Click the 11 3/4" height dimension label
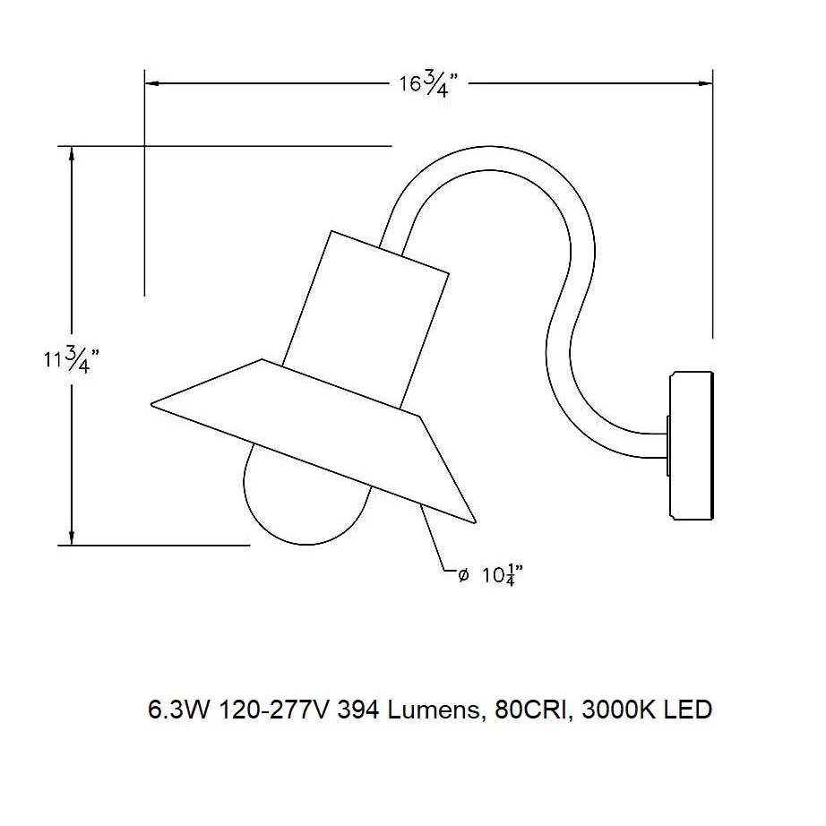click(x=71, y=360)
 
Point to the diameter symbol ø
click(x=463, y=576)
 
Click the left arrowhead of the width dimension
click(x=152, y=83)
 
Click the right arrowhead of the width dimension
click(x=705, y=83)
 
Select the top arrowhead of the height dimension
click(x=72, y=153)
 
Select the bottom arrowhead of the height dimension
click(x=72, y=538)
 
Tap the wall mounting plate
click(x=691, y=445)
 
